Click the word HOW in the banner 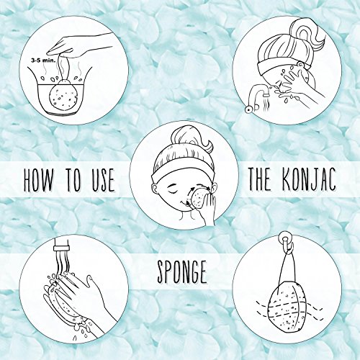(x=38, y=179)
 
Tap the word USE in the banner (x=100, y=180)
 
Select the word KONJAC (x=309, y=179)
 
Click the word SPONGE (x=182, y=272)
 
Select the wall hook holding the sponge (x=286, y=242)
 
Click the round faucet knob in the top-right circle (x=248, y=109)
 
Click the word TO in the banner (x=70, y=179)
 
